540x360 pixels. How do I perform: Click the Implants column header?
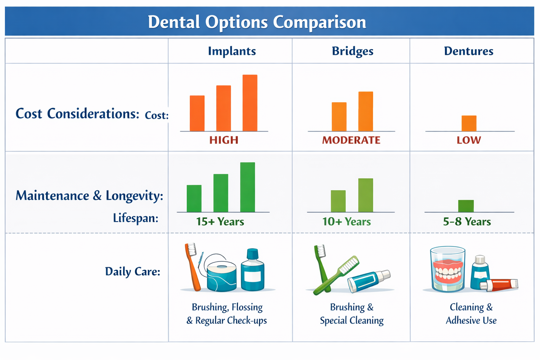232,51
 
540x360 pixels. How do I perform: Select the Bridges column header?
352,51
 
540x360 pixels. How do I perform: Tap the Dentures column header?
468,51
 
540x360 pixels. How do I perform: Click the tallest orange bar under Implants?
250,103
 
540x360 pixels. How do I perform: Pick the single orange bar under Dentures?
469,123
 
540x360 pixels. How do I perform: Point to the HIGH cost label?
224,140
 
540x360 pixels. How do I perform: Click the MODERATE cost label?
351,140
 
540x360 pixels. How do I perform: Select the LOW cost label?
469,140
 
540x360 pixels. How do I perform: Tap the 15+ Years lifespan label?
220,221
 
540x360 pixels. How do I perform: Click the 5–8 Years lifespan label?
467,221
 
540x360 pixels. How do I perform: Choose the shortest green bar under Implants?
194,199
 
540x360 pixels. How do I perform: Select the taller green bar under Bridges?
366,195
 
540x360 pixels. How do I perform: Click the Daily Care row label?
133,271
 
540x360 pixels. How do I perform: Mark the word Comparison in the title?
319,22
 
